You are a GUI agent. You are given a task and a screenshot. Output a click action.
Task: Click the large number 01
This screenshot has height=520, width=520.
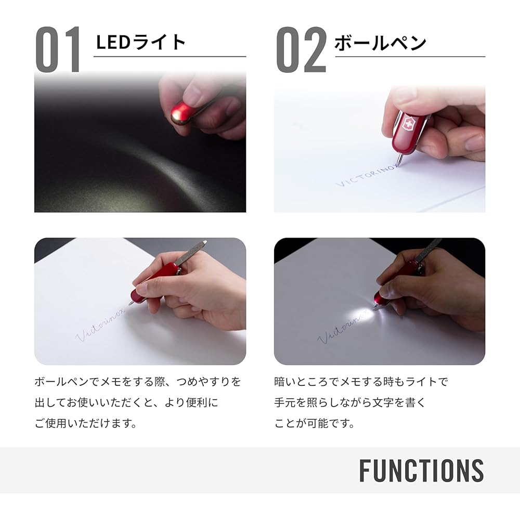(58, 49)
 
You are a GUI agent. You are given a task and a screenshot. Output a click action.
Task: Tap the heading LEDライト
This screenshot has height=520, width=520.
(140, 42)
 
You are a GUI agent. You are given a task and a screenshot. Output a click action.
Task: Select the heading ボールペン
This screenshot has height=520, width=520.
(380, 43)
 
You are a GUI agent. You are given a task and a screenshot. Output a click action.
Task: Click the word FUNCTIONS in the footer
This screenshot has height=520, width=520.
(422, 470)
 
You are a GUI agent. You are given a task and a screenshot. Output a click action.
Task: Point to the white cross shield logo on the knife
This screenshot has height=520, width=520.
(408, 124)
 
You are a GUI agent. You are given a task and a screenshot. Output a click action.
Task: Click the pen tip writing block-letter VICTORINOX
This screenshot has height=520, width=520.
(399, 162)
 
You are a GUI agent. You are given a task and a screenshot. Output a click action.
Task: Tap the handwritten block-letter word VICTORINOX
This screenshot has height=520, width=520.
(367, 175)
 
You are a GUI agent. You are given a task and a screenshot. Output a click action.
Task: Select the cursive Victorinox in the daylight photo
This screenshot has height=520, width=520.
(100, 324)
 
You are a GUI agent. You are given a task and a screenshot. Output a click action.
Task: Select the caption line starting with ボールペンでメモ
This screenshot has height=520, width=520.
(138, 382)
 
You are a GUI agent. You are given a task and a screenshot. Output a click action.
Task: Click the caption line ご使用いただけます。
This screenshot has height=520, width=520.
(86, 423)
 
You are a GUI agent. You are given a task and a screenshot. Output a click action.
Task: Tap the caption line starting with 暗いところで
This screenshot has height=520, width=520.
(361, 382)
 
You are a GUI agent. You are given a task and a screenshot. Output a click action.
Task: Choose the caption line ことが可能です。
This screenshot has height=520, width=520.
(314, 423)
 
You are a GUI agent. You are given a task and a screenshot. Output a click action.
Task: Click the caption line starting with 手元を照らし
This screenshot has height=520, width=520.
(350, 402)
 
